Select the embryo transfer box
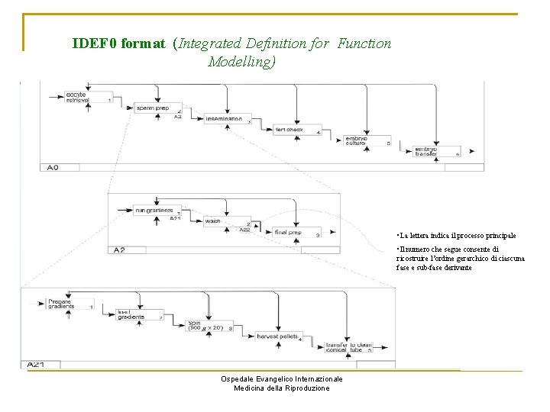click(x=436, y=152)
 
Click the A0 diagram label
click(x=53, y=167)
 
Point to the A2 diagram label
click(x=118, y=249)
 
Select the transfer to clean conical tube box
click(x=348, y=347)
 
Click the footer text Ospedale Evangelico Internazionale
click(x=281, y=379)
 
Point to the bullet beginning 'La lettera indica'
click(x=456, y=236)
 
